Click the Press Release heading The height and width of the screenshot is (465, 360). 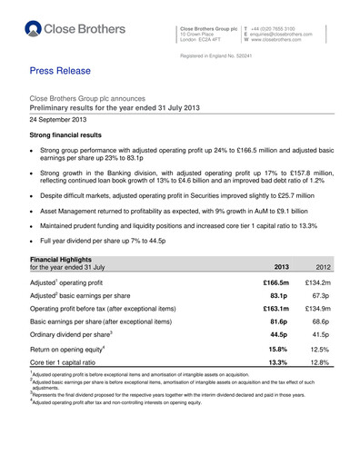point(66,68)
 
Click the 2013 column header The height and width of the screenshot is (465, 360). point(282,269)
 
